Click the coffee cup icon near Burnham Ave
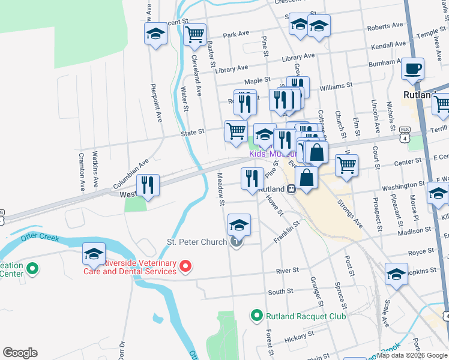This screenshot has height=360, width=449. (412, 69)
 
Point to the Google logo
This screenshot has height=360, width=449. (20, 353)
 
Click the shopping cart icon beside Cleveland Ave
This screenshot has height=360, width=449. (195, 35)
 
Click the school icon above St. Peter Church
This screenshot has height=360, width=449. (239, 225)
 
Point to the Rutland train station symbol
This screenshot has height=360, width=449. (291, 188)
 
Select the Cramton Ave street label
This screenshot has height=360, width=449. (81, 172)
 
